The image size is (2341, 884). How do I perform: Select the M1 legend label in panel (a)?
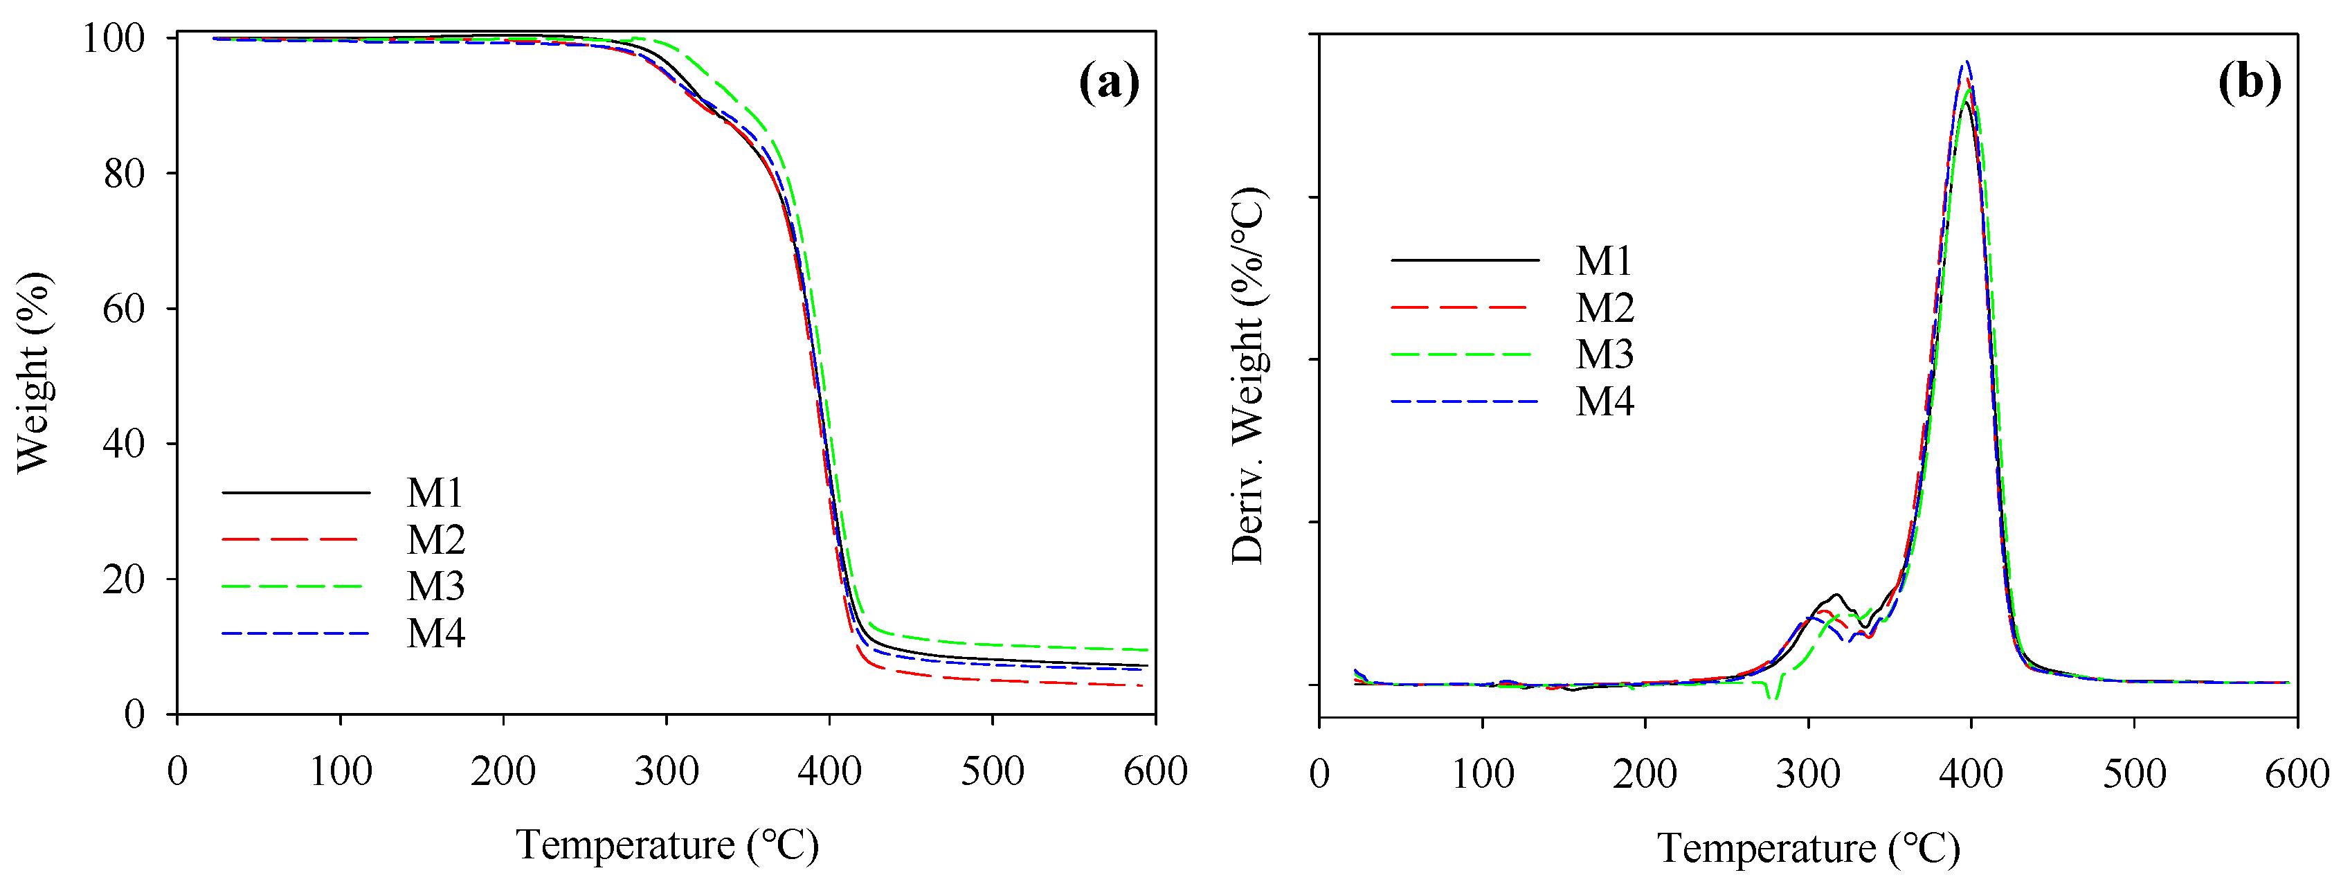point(435,494)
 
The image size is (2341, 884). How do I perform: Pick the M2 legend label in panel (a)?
point(435,540)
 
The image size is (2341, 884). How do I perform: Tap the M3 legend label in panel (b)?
point(1604,354)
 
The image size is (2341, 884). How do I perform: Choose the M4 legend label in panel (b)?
point(1604,402)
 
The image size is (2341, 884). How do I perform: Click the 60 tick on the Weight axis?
point(124,309)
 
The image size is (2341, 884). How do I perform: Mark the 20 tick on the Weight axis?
point(124,579)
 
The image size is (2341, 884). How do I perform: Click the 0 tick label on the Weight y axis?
point(134,715)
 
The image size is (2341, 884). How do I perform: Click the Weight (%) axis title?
point(35,372)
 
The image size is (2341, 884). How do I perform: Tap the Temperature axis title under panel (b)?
point(1809,848)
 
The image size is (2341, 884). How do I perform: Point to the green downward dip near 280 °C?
point(1772,695)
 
